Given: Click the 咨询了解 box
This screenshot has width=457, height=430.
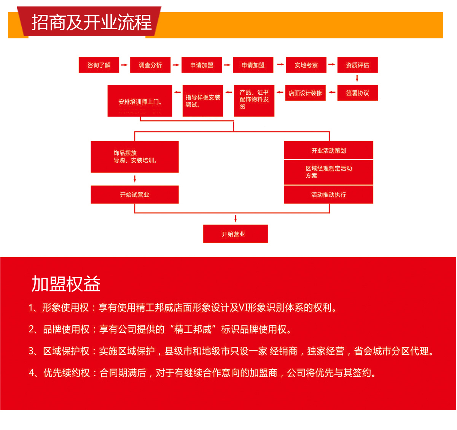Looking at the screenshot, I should click(99, 65).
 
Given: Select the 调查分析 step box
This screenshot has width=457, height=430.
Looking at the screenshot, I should click(150, 65).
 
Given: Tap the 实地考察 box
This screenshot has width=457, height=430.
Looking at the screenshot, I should click(306, 65).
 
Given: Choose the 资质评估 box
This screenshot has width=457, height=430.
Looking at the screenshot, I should click(357, 65).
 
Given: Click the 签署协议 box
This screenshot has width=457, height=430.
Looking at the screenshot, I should click(357, 93).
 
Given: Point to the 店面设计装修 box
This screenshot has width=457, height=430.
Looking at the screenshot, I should click(305, 93).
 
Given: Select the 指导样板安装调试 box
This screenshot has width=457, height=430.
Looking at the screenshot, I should click(203, 101).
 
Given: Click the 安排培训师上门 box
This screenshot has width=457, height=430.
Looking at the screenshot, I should click(140, 101).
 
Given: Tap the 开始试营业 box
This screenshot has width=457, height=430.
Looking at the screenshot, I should click(135, 194).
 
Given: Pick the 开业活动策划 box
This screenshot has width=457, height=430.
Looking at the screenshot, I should click(328, 150).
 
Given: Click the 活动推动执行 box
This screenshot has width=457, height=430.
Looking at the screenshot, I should click(328, 194).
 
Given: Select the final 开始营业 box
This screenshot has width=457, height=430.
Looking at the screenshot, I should click(235, 234).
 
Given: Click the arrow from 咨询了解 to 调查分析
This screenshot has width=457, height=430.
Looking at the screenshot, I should click(124, 65).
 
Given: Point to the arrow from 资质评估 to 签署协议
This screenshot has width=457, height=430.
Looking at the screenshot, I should click(357, 79).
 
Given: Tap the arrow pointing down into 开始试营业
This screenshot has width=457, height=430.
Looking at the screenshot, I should click(135, 179).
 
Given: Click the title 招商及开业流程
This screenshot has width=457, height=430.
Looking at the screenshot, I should click(91, 22).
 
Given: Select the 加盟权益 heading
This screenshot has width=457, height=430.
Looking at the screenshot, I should click(66, 284).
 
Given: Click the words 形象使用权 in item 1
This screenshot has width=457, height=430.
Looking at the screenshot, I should click(65, 308).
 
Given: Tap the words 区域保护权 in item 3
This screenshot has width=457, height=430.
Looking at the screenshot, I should click(66, 351).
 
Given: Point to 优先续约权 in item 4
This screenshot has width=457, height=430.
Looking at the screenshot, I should click(67, 373).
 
